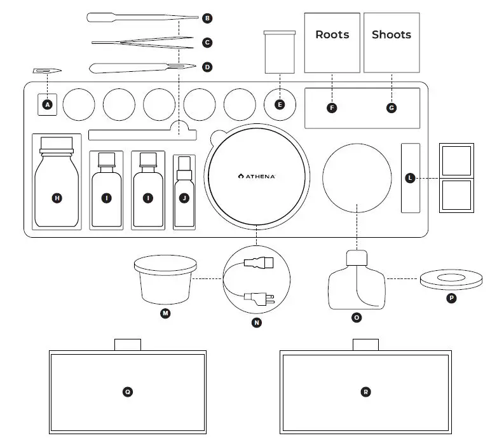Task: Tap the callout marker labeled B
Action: pos(207,18)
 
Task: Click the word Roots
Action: pos(332,34)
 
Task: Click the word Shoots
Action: pos(391,34)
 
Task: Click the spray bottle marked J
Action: pos(184,191)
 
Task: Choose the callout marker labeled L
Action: pos(410,179)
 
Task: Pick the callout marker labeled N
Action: pos(256,322)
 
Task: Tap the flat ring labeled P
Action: pos(451,280)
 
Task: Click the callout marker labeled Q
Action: pos(128,392)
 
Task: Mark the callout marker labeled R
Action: pos(365,392)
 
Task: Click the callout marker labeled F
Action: pos(332,108)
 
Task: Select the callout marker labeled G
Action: pos(391,108)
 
